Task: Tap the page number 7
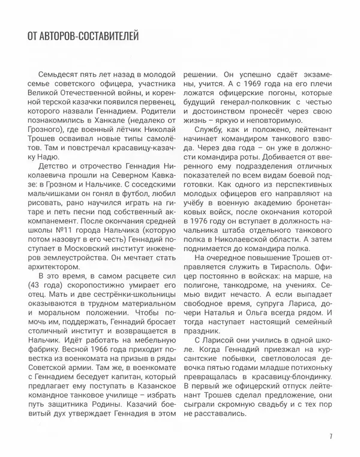pyautogui.click(x=331, y=437)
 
